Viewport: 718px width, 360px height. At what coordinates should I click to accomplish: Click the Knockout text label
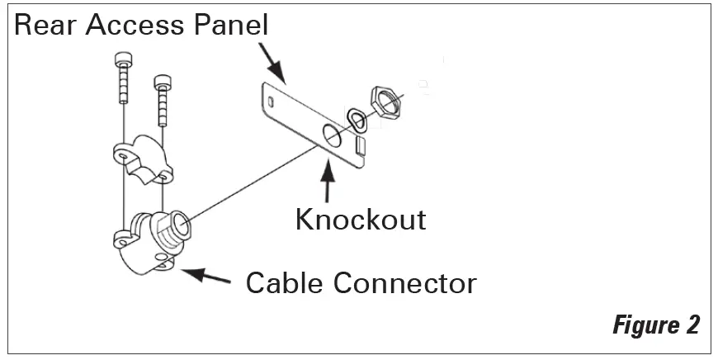(361, 219)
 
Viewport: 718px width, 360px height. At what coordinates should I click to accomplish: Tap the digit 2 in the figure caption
(692, 324)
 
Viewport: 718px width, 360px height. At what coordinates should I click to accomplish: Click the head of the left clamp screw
(123, 61)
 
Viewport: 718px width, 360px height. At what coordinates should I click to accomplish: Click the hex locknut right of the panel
(385, 99)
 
